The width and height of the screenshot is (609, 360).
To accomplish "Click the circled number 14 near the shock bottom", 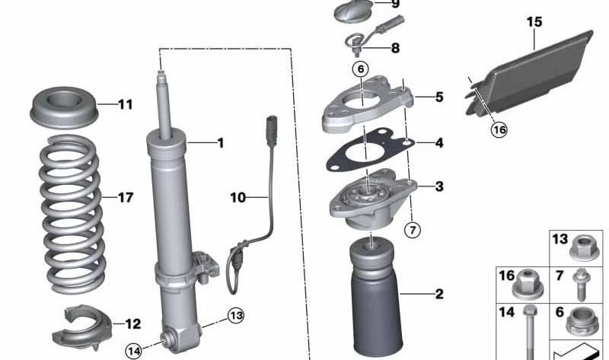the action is pyautogui.click(x=134, y=352).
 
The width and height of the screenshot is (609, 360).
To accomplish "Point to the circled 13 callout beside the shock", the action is pyautogui.click(x=236, y=316).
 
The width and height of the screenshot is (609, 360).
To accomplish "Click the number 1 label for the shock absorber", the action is pyautogui.click(x=221, y=143).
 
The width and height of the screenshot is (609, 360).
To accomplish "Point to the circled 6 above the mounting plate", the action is pyautogui.click(x=360, y=69).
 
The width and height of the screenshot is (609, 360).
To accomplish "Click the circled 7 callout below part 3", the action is pyautogui.click(x=412, y=230).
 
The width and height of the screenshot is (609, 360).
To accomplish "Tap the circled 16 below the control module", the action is pyautogui.click(x=499, y=129).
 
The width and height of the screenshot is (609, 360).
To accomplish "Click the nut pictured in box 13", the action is pyautogui.click(x=585, y=249).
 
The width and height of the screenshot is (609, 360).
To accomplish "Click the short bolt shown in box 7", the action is pyautogui.click(x=581, y=285).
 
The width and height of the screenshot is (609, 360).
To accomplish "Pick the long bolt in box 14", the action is pyautogui.click(x=530, y=333).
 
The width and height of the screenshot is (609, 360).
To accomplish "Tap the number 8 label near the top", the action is pyautogui.click(x=395, y=48).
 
